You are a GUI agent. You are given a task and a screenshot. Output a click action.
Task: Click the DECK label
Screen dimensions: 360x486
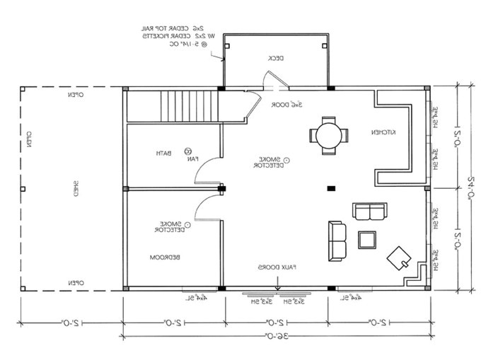[275, 59]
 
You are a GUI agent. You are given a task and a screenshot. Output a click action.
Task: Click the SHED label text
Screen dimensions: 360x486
[75, 188]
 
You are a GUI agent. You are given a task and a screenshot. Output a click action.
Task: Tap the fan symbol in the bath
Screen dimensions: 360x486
[189, 151]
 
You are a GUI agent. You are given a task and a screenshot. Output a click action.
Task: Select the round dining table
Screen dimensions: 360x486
[328, 134]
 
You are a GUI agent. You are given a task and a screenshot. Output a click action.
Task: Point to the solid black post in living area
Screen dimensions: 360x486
[330, 188]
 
